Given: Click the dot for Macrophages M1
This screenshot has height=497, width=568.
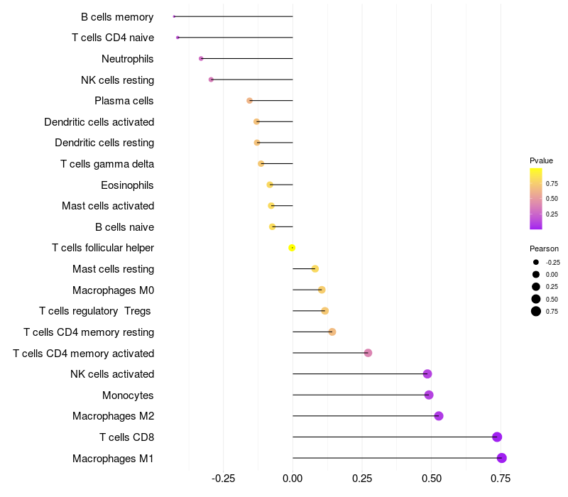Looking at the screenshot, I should tap(501, 458).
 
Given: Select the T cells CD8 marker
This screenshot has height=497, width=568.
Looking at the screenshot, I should tap(497, 437).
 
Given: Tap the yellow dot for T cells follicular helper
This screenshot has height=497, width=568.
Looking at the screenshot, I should tap(292, 248).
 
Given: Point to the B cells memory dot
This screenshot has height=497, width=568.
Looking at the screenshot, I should tap(174, 16).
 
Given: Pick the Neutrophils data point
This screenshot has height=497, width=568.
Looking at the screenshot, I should tap(201, 58).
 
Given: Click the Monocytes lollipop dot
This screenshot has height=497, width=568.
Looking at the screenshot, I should tap(429, 395).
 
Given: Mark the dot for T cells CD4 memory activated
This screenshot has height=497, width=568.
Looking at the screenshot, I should tap(368, 353).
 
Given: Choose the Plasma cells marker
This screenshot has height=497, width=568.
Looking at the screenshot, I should tap(249, 101).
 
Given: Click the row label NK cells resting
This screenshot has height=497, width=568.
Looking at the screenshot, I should tap(117, 80).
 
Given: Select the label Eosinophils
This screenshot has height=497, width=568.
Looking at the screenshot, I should tap(127, 185).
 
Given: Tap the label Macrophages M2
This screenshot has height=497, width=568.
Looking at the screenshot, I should tap(113, 416).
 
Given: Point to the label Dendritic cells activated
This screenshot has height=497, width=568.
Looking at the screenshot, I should tap(99, 122).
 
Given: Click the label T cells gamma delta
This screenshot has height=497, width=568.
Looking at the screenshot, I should tap(107, 164).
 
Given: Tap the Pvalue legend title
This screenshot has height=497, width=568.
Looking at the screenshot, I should tap(541, 160).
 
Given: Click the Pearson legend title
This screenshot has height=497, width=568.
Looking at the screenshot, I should tap(544, 248).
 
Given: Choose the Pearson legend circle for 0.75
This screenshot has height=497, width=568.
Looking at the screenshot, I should tap(536, 311).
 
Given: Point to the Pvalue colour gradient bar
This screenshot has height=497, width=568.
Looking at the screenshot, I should tap(536, 199).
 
